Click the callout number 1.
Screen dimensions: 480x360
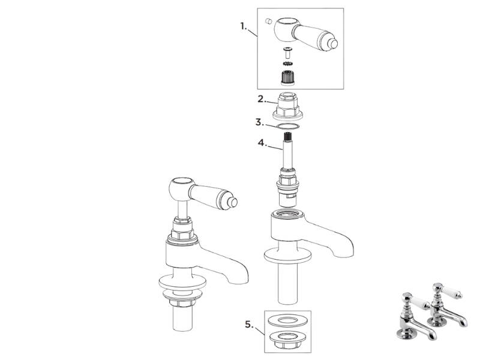pos(243,26)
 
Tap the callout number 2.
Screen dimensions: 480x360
pos(261,99)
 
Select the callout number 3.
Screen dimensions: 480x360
pos(259,122)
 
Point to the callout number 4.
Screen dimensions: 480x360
pos(262,143)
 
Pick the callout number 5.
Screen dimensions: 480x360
pos(249,324)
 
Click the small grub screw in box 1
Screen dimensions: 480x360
pos(268,21)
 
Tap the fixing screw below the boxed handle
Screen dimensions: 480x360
pos(288,53)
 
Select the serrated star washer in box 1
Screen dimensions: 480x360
pos(288,64)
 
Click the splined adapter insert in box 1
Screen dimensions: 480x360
pos(287,78)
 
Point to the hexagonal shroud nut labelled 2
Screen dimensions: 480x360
pos(287,106)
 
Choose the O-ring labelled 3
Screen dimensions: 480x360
pos(287,127)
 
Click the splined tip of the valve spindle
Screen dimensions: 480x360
pos(288,137)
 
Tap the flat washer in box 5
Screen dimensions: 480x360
pos(287,321)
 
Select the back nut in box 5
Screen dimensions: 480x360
pos(287,340)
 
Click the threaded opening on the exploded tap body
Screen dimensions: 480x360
pos(287,213)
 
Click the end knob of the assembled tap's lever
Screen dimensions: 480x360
pos(233,202)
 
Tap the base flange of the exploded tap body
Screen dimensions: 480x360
pos(288,256)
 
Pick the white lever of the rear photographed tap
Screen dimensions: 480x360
pos(451,292)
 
